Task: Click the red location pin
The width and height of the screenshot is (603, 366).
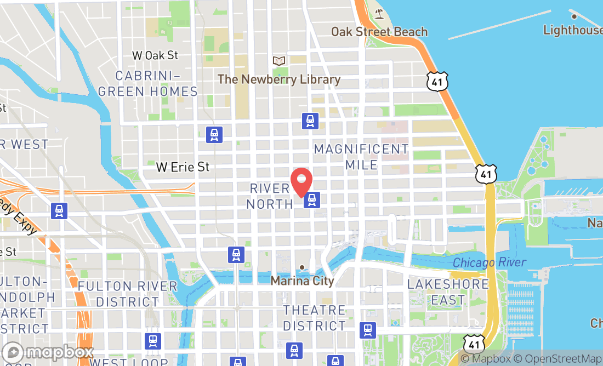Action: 301,181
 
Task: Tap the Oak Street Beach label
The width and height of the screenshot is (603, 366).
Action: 379,31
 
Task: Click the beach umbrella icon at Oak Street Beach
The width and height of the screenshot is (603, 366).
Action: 379,13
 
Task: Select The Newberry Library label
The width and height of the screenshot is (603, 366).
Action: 279,79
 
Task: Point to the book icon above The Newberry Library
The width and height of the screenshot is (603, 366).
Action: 279,61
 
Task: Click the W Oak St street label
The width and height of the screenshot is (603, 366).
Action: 156,55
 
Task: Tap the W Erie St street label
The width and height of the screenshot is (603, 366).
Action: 183,167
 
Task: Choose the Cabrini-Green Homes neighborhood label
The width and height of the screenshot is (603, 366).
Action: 147,83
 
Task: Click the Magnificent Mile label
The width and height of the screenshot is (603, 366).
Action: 361,157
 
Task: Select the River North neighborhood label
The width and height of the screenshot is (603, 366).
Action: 270,196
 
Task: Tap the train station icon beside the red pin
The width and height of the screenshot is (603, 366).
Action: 312,200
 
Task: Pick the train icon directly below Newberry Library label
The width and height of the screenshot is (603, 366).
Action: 310,121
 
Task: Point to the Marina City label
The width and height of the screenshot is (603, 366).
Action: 302,281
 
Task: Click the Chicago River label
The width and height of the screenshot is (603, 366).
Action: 490,263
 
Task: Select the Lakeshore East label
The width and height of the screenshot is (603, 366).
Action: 448,292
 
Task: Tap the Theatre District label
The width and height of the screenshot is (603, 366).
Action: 315,318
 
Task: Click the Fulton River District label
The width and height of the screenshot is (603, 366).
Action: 127,294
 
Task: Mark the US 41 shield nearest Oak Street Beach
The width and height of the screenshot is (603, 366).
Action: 437,81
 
